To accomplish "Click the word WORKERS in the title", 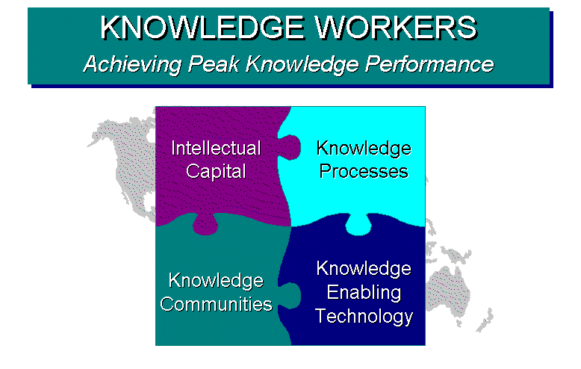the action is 396,28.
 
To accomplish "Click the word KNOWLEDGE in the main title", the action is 202,28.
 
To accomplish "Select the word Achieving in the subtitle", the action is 133,64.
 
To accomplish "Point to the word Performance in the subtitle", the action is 429,64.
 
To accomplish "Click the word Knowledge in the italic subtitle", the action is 302,65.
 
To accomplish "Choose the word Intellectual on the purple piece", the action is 216,148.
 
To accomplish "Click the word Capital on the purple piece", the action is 216,172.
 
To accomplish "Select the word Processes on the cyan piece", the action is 364,172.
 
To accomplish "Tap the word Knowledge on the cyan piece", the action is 364,149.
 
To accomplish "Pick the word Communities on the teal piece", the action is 216,304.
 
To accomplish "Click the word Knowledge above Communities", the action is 216,281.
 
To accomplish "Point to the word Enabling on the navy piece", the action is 364,293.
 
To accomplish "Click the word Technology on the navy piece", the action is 364,317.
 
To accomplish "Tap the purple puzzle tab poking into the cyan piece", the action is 290,147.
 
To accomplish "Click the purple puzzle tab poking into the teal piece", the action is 205,225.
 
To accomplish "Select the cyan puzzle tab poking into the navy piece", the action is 358,225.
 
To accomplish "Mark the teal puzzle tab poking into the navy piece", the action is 290,296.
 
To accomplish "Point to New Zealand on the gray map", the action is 485,320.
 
